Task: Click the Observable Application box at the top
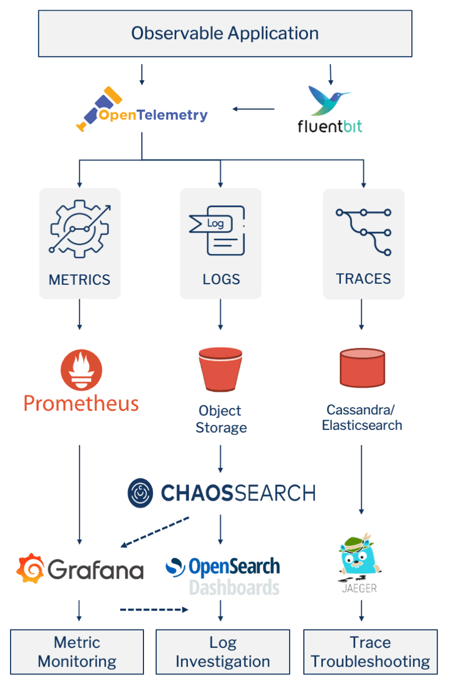(x=225, y=33)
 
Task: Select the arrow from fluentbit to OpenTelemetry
(x=254, y=109)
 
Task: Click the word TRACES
(x=363, y=279)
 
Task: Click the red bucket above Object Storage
(x=220, y=369)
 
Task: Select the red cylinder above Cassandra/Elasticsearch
(x=362, y=369)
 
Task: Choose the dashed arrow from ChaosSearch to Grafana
(x=156, y=531)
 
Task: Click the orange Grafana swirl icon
(x=30, y=568)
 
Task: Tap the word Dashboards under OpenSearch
(x=234, y=588)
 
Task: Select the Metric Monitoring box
(x=77, y=652)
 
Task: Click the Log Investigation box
(x=223, y=652)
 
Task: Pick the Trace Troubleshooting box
(x=370, y=652)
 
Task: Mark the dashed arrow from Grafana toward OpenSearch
(x=154, y=610)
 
